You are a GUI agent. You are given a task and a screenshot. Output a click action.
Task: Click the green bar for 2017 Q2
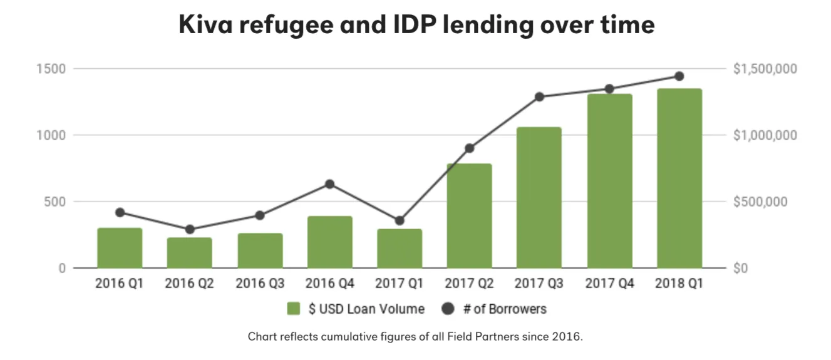[469, 216]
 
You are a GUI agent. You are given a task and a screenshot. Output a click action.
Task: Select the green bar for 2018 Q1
[679, 178]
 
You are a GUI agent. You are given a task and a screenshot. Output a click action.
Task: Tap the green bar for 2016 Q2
[189, 253]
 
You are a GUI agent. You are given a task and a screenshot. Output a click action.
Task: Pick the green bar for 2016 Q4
[329, 242]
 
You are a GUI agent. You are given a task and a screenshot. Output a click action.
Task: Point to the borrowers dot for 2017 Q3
[539, 97]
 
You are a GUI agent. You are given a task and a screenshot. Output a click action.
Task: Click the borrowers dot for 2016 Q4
[329, 184]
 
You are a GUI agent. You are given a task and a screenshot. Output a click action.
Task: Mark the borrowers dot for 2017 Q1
[400, 220]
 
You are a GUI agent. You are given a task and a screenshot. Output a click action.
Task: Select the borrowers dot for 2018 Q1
[679, 76]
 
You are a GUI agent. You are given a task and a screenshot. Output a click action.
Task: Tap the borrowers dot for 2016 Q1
[120, 212]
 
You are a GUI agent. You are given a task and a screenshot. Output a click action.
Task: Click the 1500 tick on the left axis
[54, 68]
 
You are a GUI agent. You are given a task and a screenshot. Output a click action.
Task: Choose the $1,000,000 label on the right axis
[766, 135]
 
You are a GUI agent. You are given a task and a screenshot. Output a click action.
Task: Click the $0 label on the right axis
[741, 269]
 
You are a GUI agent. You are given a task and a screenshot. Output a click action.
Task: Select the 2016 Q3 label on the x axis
[259, 284]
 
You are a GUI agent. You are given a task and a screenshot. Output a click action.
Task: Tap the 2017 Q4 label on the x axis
[609, 284]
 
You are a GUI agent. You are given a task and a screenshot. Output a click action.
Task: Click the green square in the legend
[294, 309]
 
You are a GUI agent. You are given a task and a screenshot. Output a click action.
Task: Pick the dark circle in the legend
[446, 309]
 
